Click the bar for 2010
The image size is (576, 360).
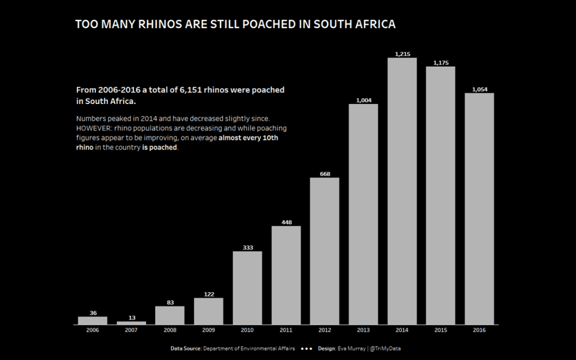(247, 288)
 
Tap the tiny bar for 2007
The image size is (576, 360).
(131, 323)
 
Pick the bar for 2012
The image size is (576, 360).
(324, 251)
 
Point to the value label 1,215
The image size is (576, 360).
(402, 54)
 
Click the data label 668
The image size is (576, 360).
(324, 173)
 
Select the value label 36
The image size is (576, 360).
(92, 313)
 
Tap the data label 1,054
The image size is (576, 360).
(479, 89)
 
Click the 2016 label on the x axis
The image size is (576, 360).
(479, 331)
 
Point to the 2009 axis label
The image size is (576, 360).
(209, 331)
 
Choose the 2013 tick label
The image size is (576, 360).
(363, 331)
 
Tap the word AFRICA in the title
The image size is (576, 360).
(375, 25)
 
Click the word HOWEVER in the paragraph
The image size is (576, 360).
(93, 129)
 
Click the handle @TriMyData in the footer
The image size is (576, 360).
(385, 348)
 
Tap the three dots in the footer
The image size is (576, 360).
(306, 348)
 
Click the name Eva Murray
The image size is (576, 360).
(351, 348)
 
